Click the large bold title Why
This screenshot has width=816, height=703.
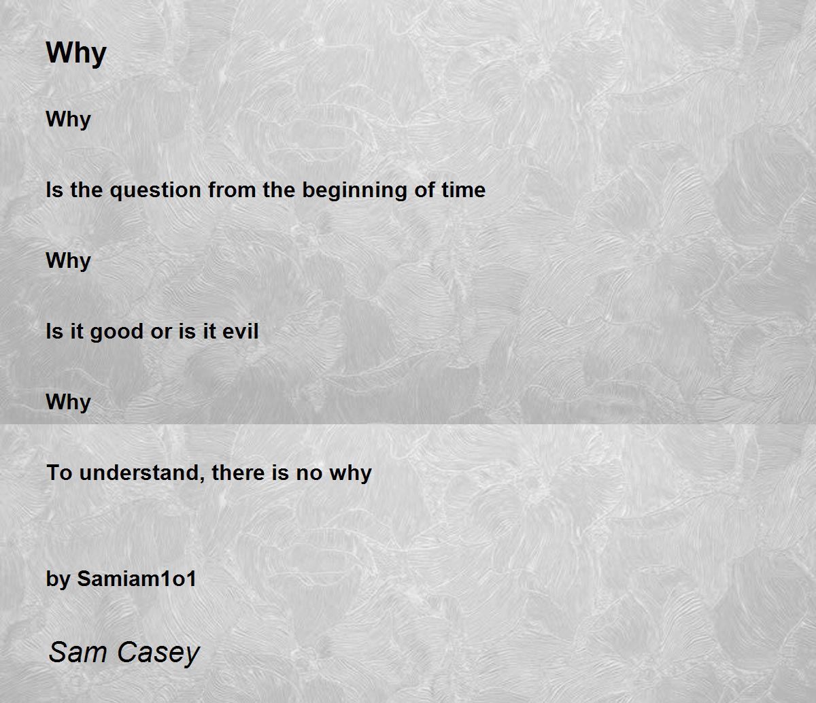(76, 54)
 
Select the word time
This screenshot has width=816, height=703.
(464, 190)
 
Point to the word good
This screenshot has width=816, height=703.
(117, 332)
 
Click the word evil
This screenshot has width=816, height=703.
(241, 331)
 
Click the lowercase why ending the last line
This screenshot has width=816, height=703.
(351, 474)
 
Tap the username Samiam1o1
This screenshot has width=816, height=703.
(137, 579)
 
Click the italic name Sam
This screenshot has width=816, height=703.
(78, 652)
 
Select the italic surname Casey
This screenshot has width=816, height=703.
(158, 653)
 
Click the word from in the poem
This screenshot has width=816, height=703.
(233, 190)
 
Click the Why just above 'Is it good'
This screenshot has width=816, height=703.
(68, 261)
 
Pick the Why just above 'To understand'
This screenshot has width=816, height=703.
(68, 403)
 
